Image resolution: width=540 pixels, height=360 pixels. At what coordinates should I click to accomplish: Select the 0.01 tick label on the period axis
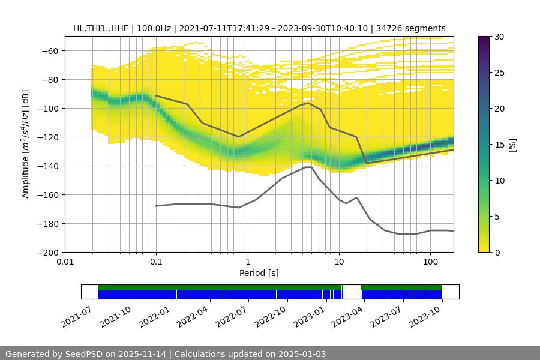[x=65, y=262]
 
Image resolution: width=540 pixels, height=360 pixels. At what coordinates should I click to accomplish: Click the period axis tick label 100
[x=430, y=262]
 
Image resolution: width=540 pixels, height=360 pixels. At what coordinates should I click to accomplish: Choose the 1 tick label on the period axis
[x=247, y=262]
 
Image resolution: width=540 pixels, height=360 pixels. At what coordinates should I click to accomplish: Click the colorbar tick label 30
[x=499, y=37]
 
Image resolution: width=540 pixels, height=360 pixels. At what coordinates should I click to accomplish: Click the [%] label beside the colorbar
[x=512, y=145]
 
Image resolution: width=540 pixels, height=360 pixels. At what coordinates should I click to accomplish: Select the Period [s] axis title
[x=259, y=273]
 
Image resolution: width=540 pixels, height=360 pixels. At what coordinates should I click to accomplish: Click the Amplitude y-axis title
[x=26, y=145]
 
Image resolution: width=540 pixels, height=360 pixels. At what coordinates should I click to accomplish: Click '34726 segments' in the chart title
[x=413, y=28]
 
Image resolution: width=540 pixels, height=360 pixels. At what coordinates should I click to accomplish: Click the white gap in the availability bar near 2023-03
[x=351, y=292]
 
